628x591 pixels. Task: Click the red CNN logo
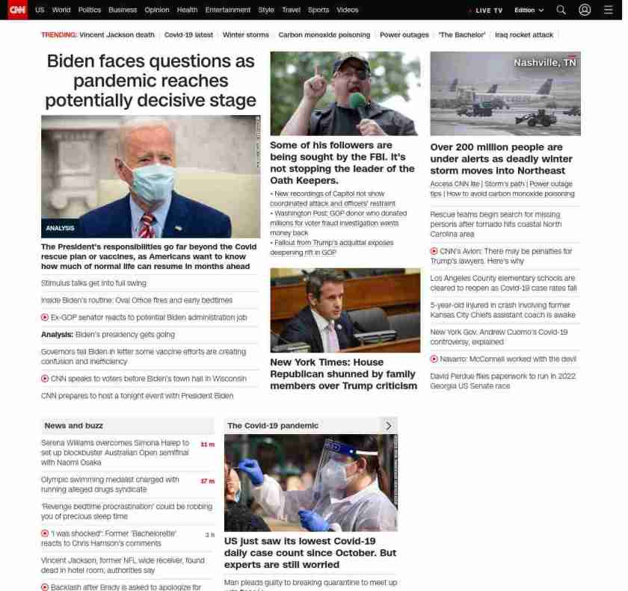(17, 10)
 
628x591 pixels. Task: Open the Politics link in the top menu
(90, 10)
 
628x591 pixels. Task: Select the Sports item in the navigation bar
(318, 10)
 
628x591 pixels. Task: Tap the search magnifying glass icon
(561, 10)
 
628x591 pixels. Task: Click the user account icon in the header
(585, 10)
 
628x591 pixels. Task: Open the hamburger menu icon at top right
(608, 10)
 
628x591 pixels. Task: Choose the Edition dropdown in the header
(529, 10)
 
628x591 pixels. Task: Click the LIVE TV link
(487, 10)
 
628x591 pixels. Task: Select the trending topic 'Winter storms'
(245, 35)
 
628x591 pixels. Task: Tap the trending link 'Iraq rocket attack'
(524, 35)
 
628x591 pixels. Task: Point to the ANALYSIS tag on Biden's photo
(60, 228)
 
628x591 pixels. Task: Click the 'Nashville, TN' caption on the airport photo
(545, 63)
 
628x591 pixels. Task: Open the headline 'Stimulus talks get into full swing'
(93, 283)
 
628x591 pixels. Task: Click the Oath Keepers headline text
(342, 163)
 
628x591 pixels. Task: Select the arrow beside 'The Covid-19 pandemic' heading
(388, 426)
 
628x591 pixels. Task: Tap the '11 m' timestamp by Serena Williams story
(207, 445)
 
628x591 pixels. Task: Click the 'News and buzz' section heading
(74, 426)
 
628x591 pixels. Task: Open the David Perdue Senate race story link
(502, 381)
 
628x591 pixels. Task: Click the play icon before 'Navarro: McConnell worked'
(434, 359)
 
